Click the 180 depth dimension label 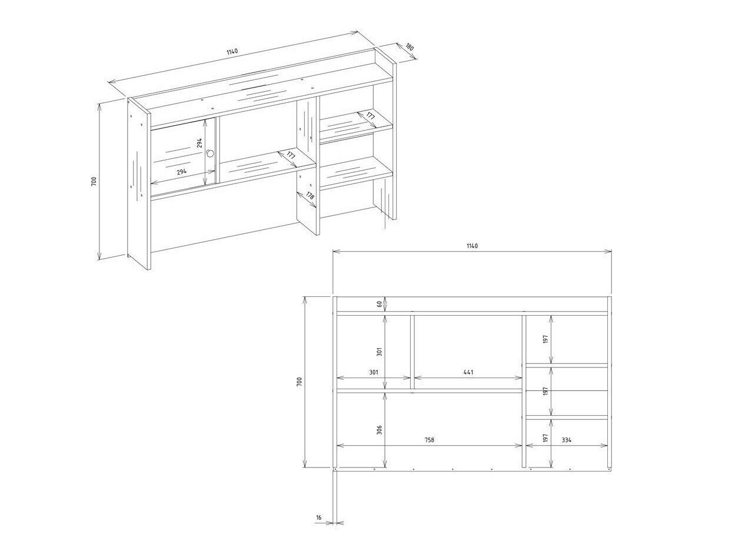pyautogui.click(x=410, y=46)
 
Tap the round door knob pyautogui.click(x=211, y=154)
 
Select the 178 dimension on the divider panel pyautogui.click(x=310, y=196)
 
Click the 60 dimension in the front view pyautogui.click(x=379, y=304)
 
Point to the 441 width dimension pyautogui.click(x=468, y=372)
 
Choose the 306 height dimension pyautogui.click(x=379, y=430)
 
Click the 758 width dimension pyautogui.click(x=430, y=440)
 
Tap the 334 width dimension pyautogui.click(x=567, y=440)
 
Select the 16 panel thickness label pyautogui.click(x=318, y=517)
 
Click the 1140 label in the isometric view pyautogui.click(x=232, y=52)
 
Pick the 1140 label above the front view pyautogui.click(x=472, y=246)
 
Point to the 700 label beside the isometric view pyautogui.click(x=94, y=181)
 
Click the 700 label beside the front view pyautogui.click(x=299, y=382)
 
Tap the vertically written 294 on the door pyautogui.click(x=199, y=143)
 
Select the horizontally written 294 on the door pyautogui.click(x=182, y=172)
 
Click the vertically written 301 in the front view pyautogui.click(x=379, y=352)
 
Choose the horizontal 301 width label pyautogui.click(x=373, y=372)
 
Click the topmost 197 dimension pyautogui.click(x=546, y=339)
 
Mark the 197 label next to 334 pyautogui.click(x=546, y=438)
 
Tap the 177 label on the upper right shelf pyautogui.click(x=370, y=116)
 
